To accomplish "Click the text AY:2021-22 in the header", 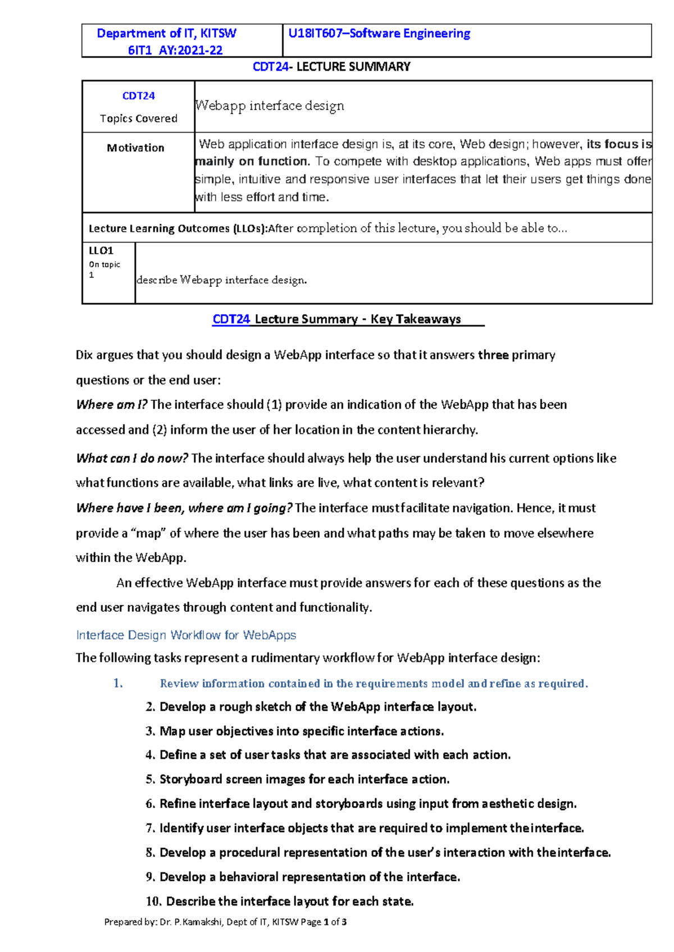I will (190, 51).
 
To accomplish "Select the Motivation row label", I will (135, 148).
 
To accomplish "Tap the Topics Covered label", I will (138, 118).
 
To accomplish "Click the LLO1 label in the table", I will (101, 251).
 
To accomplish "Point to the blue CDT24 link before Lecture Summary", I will (231, 319).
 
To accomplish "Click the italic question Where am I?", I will (111, 405).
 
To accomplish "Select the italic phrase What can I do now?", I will (131, 459).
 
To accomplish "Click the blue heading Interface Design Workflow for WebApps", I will (186, 635).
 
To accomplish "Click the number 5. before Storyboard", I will (150, 780).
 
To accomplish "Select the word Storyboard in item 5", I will (190, 780).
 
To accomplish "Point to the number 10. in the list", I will (153, 902).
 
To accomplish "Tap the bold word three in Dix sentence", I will (493, 355).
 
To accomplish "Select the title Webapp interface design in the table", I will (270, 106).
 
